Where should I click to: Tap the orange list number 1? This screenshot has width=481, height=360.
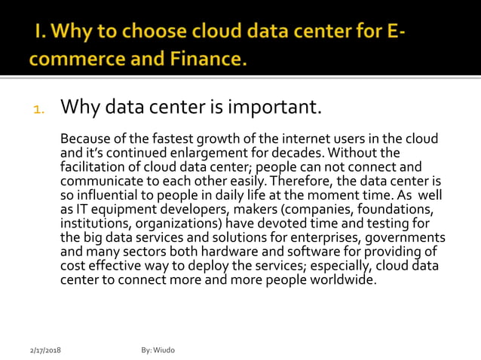click(39, 109)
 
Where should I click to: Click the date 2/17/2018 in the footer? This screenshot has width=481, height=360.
click(45, 351)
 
